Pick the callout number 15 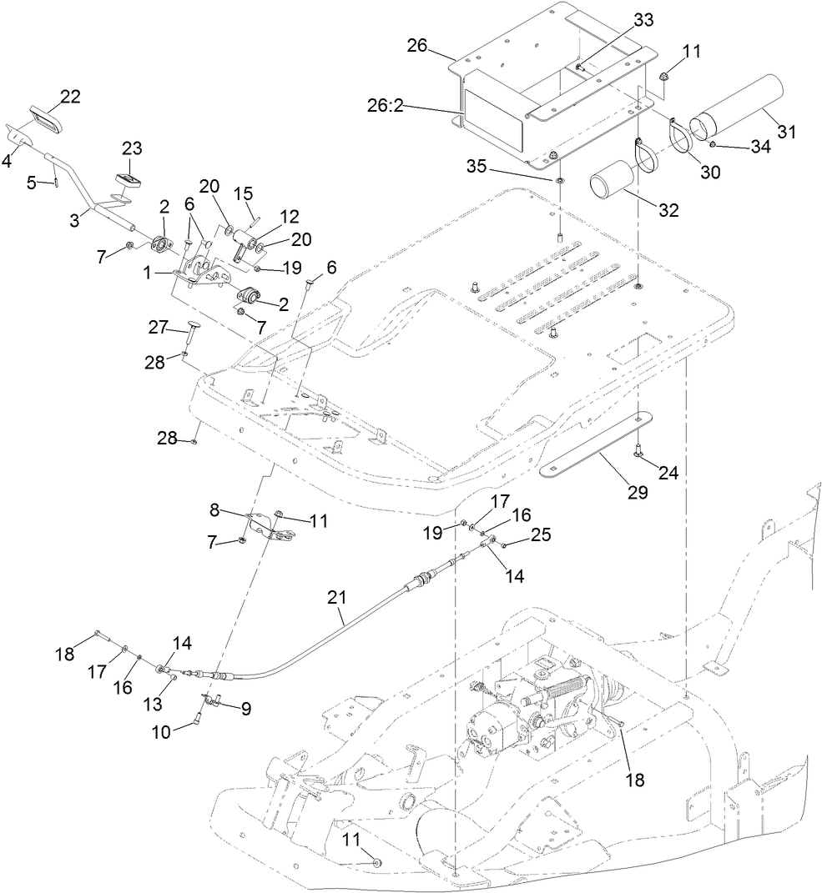(x=243, y=193)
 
